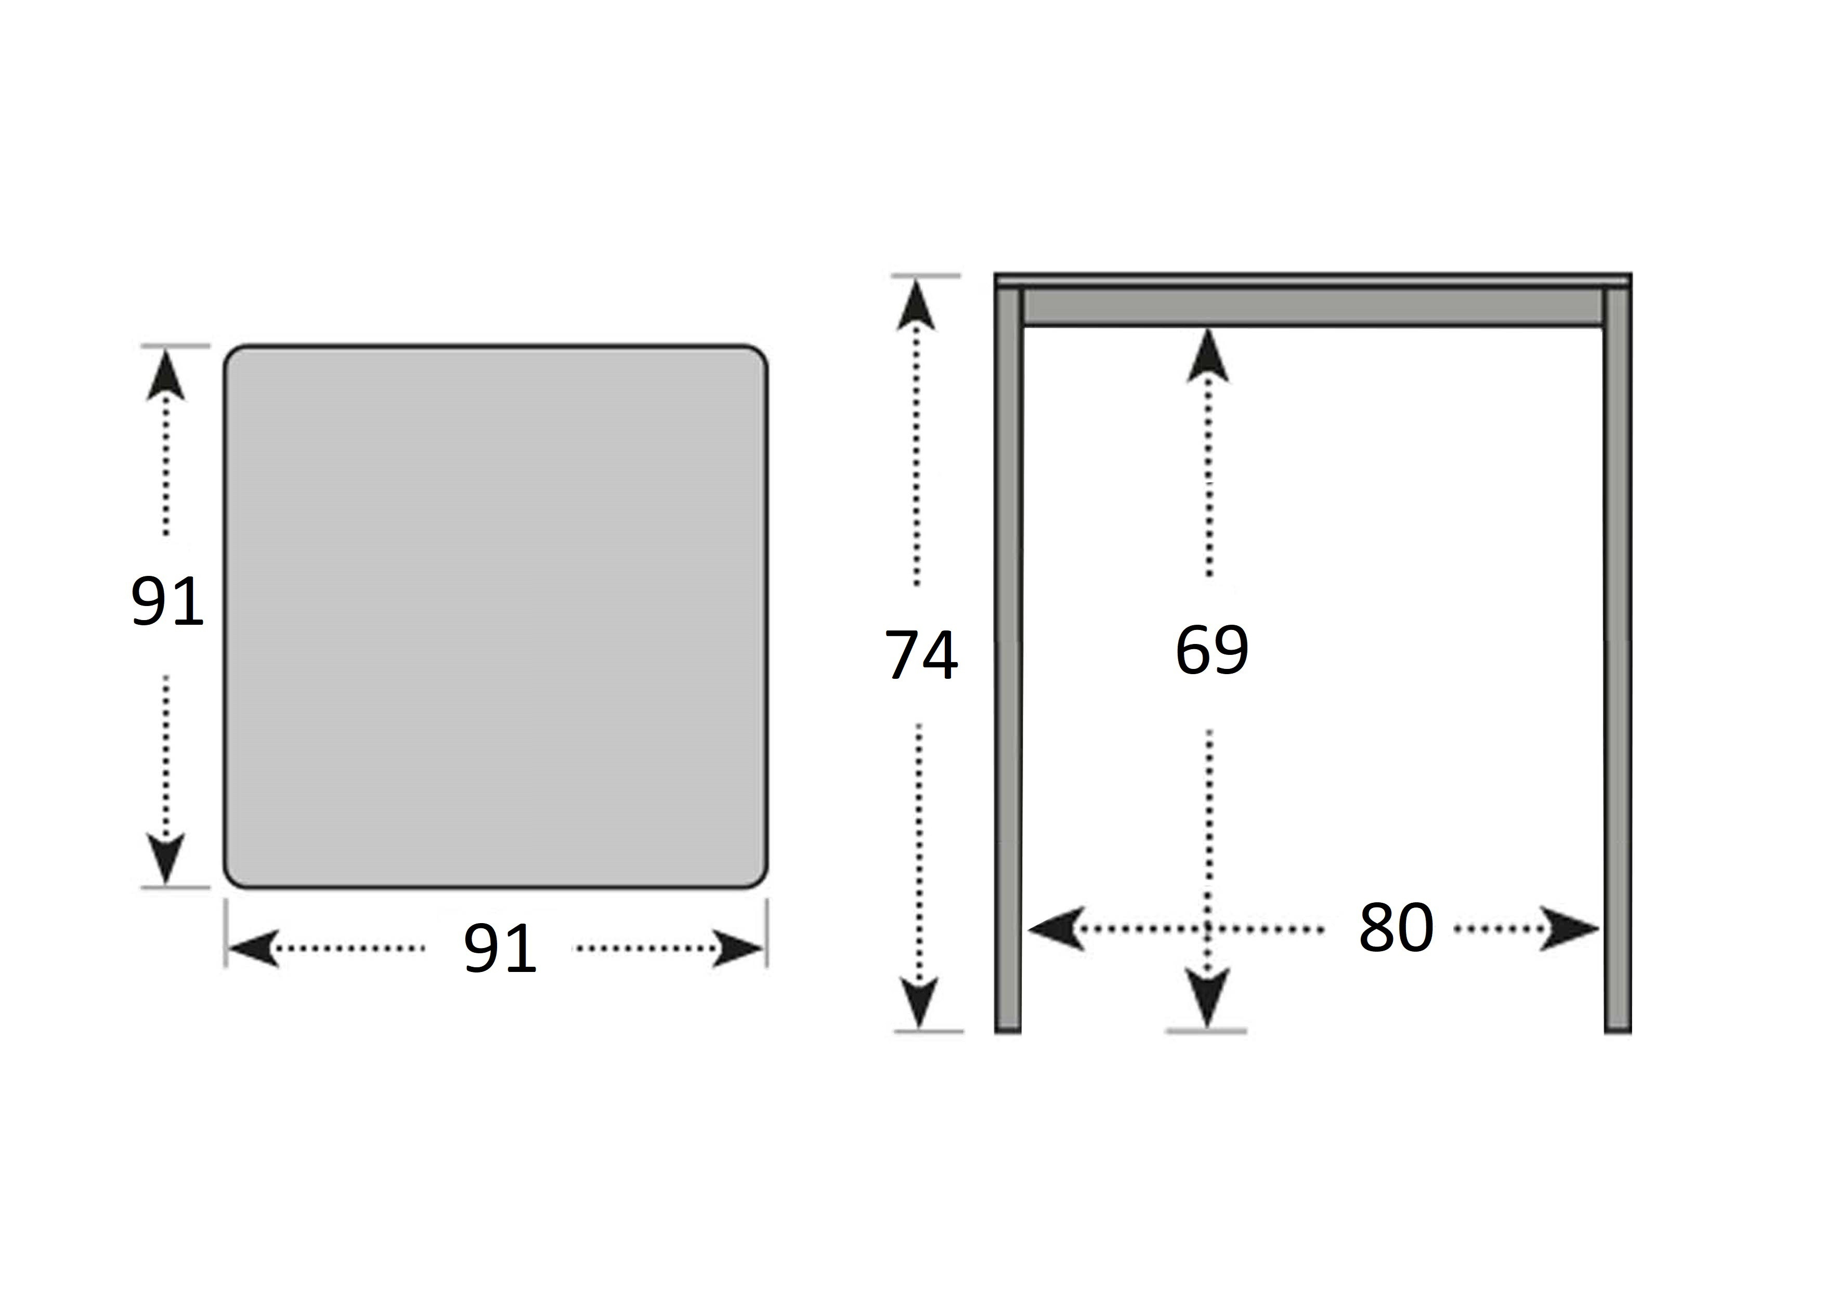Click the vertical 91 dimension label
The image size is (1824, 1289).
click(x=167, y=601)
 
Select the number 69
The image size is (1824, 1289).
click(x=1211, y=650)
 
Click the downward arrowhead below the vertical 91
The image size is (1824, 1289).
click(x=166, y=858)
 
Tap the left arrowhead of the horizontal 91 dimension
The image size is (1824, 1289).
click(x=253, y=949)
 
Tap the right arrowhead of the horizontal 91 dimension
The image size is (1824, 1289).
click(x=737, y=949)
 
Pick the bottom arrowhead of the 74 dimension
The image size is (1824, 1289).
click(x=919, y=1003)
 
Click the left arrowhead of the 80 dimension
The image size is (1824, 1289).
click(x=1057, y=928)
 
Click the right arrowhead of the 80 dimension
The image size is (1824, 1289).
click(x=1570, y=928)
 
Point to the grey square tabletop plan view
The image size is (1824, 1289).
click(x=496, y=616)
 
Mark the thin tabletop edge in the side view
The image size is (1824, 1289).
click(x=1313, y=280)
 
